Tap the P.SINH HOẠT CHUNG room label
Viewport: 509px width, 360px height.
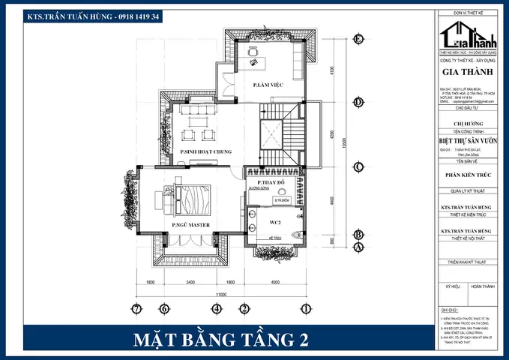[x=202, y=152]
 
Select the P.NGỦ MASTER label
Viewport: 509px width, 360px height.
[x=190, y=225]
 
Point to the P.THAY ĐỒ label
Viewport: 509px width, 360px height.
[x=271, y=183]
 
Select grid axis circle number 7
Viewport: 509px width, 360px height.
[x=136, y=308]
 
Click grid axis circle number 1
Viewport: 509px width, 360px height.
[x=306, y=308]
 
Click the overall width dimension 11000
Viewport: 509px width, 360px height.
[x=221, y=295]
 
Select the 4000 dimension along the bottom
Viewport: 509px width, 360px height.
[x=275, y=283]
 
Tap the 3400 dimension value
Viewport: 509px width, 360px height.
[x=190, y=283]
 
